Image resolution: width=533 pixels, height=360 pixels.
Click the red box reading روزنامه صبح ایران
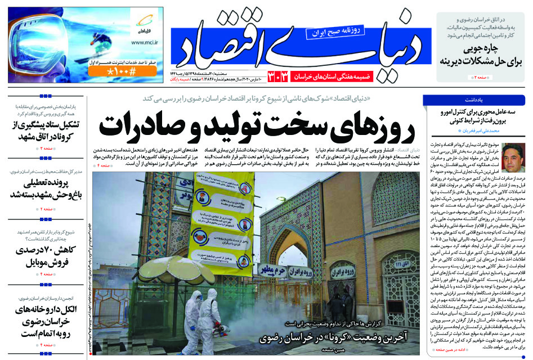334,33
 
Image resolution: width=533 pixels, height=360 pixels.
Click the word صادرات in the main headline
142,126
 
